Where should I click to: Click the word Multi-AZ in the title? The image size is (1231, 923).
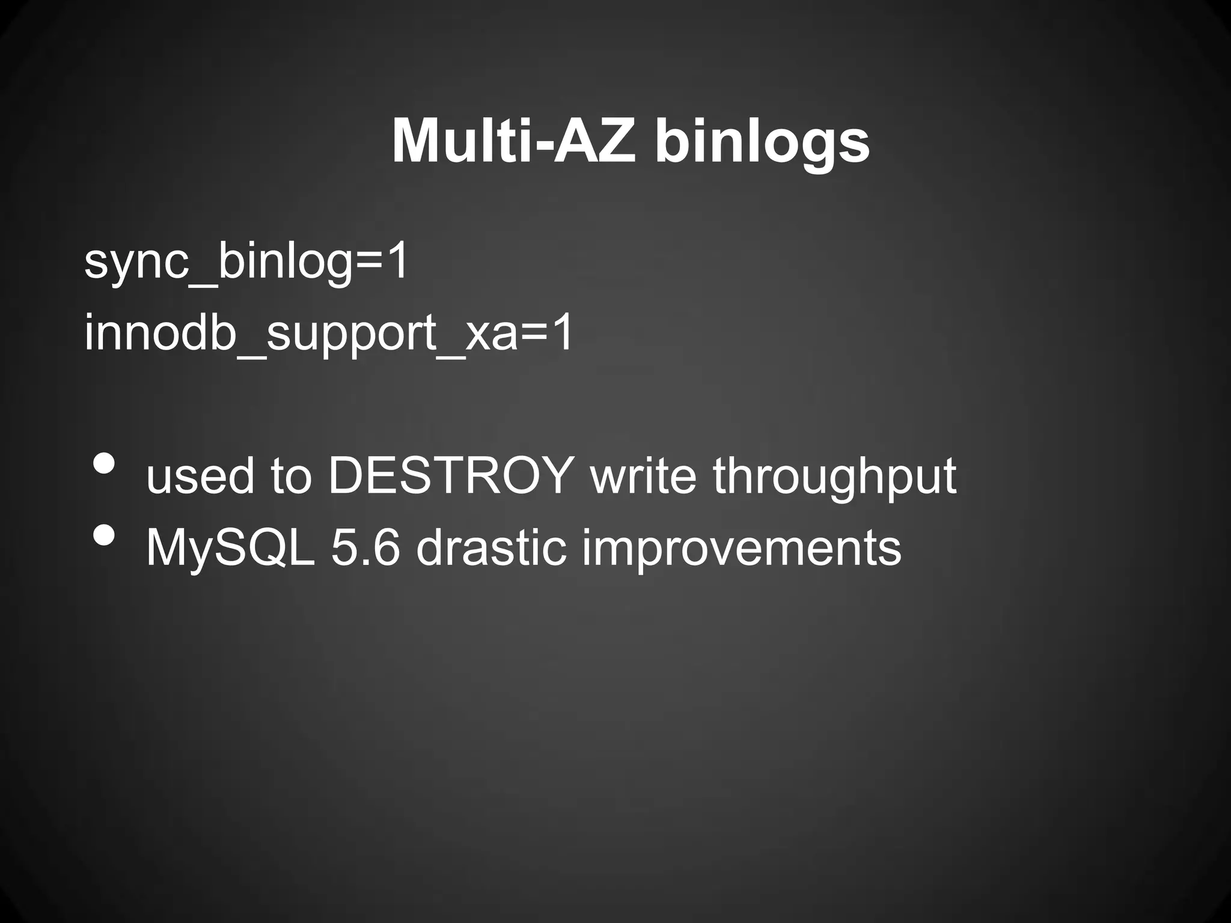(x=513, y=142)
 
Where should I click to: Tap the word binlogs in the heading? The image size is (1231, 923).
(x=762, y=142)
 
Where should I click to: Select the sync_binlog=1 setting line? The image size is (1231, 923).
(x=246, y=262)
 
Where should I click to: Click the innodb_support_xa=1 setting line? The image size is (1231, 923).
(x=329, y=334)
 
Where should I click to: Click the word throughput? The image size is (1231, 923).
(x=835, y=476)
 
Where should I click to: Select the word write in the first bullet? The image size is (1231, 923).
(x=644, y=476)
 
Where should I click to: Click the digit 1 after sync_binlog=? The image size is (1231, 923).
(x=397, y=262)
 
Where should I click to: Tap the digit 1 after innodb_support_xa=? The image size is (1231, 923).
(x=563, y=334)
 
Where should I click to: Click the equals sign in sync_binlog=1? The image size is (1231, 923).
(x=368, y=263)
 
